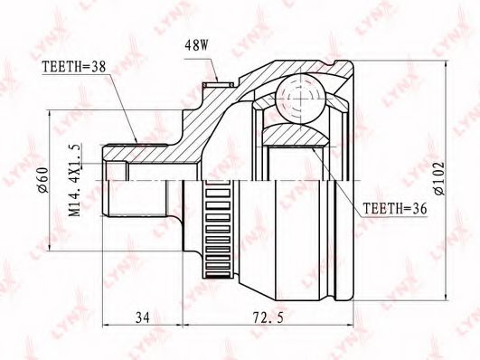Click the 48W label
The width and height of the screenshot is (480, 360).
[196, 45]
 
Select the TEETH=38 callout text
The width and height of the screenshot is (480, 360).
[73, 67]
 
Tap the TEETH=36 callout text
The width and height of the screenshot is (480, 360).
[395, 209]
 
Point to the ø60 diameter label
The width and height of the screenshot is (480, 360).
[43, 180]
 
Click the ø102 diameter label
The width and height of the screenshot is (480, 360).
[439, 178]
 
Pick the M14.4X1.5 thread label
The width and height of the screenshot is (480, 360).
[76, 180]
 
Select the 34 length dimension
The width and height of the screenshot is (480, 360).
[142, 317]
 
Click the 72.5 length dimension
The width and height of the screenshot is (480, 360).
[268, 317]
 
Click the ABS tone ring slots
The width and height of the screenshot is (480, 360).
[218, 230]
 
